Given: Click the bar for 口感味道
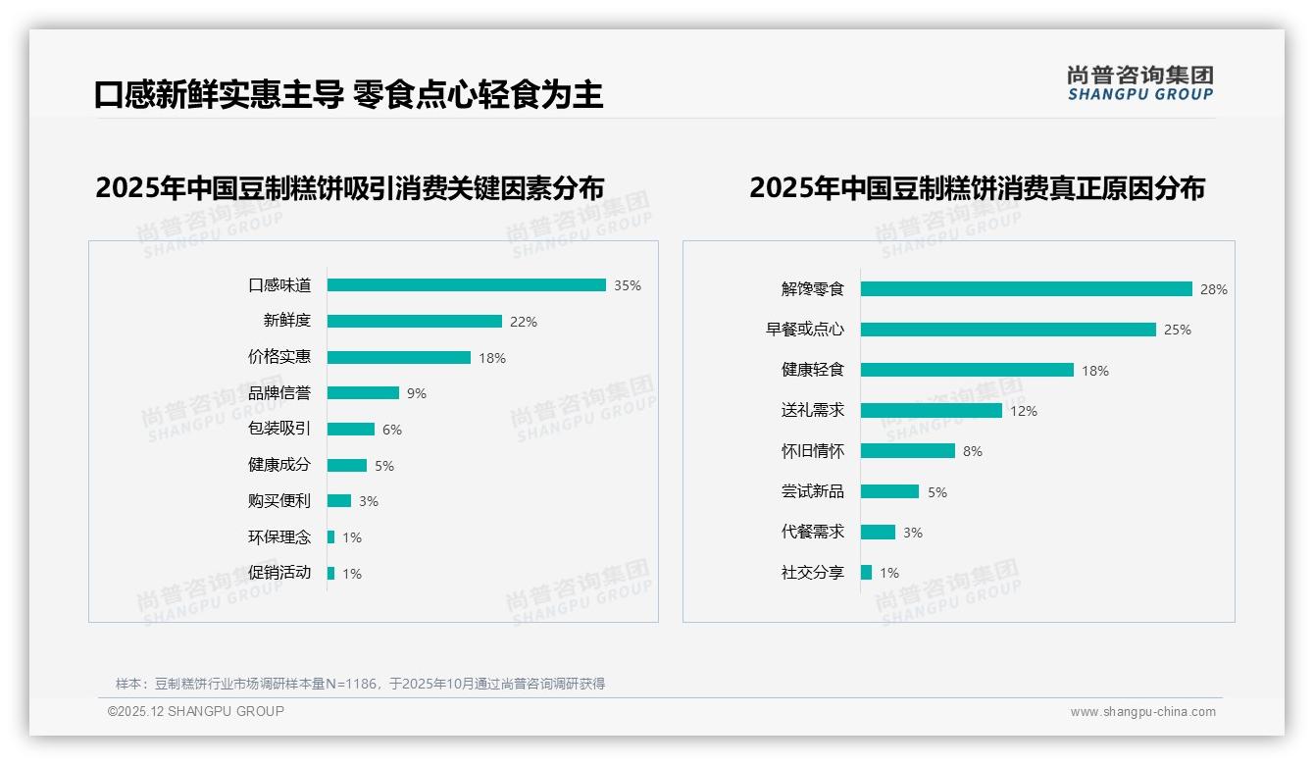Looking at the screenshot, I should pyautogui.click(x=466, y=285).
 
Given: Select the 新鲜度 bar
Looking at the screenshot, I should pyautogui.click(x=414, y=322).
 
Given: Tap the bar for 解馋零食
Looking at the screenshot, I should pyautogui.click(x=1026, y=289).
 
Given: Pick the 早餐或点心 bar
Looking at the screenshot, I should pyautogui.click(x=1008, y=330).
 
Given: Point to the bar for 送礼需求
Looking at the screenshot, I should pyautogui.click(x=931, y=411).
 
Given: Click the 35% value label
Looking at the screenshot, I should pyautogui.click(x=628, y=285).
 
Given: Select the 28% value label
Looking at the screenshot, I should pyautogui.click(x=1213, y=289).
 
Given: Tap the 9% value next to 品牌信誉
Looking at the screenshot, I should pyautogui.click(x=417, y=393).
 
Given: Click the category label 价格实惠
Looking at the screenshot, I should pyautogui.click(x=278, y=357).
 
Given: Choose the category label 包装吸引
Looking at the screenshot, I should pyautogui.click(x=278, y=429).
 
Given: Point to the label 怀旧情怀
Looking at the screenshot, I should pyautogui.click(x=812, y=451).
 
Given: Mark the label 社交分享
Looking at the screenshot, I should pyautogui.click(x=812, y=572).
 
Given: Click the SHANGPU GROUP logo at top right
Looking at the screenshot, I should pyautogui.click(x=1139, y=83).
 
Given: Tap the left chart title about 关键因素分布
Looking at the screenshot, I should pyautogui.click(x=349, y=187).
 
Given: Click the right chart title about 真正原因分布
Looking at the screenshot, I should pyautogui.click(x=977, y=187).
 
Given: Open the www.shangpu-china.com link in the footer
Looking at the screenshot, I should pyautogui.click(x=1142, y=712).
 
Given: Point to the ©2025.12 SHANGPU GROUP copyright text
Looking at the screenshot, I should pyautogui.click(x=196, y=711).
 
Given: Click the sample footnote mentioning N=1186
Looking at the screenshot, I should pyautogui.click(x=360, y=684).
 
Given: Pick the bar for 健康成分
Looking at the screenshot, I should pyautogui.click(x=346, y=465).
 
